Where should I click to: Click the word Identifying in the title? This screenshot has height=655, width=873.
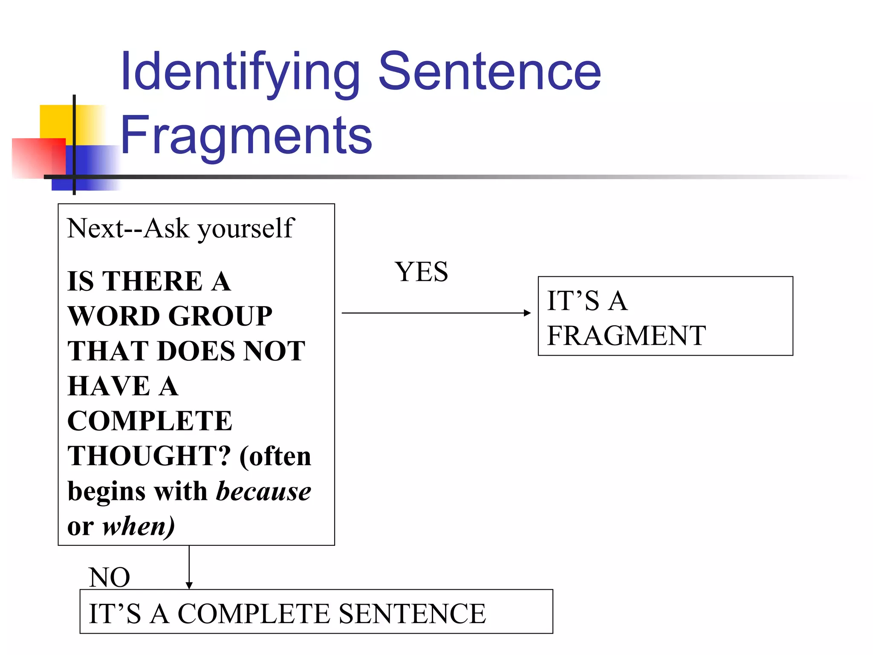(240, 72)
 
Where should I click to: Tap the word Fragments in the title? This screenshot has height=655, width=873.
(246, 136)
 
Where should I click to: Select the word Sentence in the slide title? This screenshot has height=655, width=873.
(489, 72)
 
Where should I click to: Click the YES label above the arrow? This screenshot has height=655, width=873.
(421, 272)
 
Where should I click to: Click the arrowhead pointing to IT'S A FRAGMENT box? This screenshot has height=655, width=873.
(528, 313)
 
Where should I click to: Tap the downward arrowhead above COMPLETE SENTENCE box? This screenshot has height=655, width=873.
(189, 585)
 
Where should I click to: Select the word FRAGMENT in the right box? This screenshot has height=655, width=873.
(626, 336)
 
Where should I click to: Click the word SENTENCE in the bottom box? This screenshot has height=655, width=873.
(412, 614)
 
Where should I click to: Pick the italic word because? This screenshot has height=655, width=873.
(264, 491)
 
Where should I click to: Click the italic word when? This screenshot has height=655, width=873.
(135, 526)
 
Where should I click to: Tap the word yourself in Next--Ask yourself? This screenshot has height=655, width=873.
(246, 229)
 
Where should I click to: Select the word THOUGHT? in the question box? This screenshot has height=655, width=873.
(149, 456)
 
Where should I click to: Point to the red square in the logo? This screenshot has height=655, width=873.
(38, 158)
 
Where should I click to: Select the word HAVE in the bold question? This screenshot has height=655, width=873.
(109, 386)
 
